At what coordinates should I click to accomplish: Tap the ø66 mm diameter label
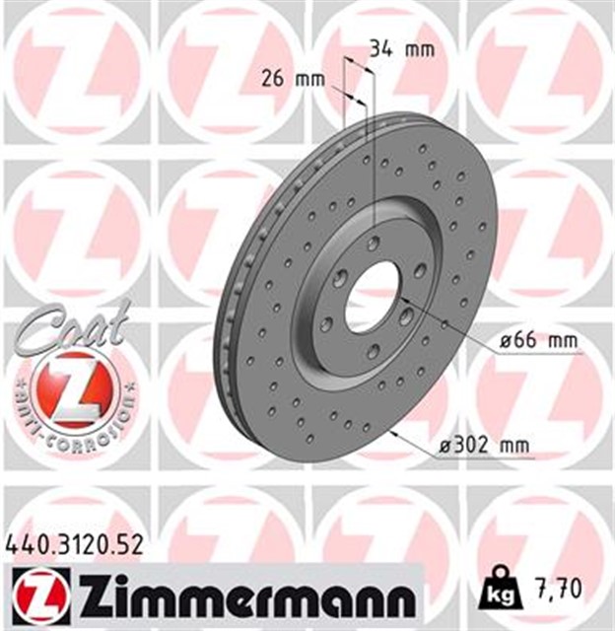[537, 341]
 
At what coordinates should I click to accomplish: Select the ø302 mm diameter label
[485, 446]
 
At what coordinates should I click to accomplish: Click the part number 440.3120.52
[75, 542]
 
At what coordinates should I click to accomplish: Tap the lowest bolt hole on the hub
[373, 350]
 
